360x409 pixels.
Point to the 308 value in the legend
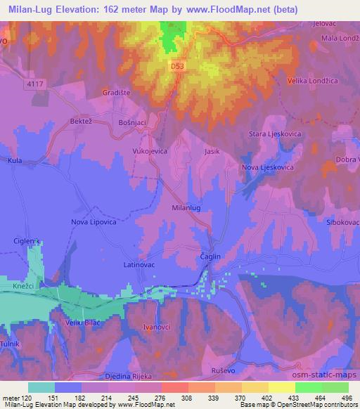[186, 397]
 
